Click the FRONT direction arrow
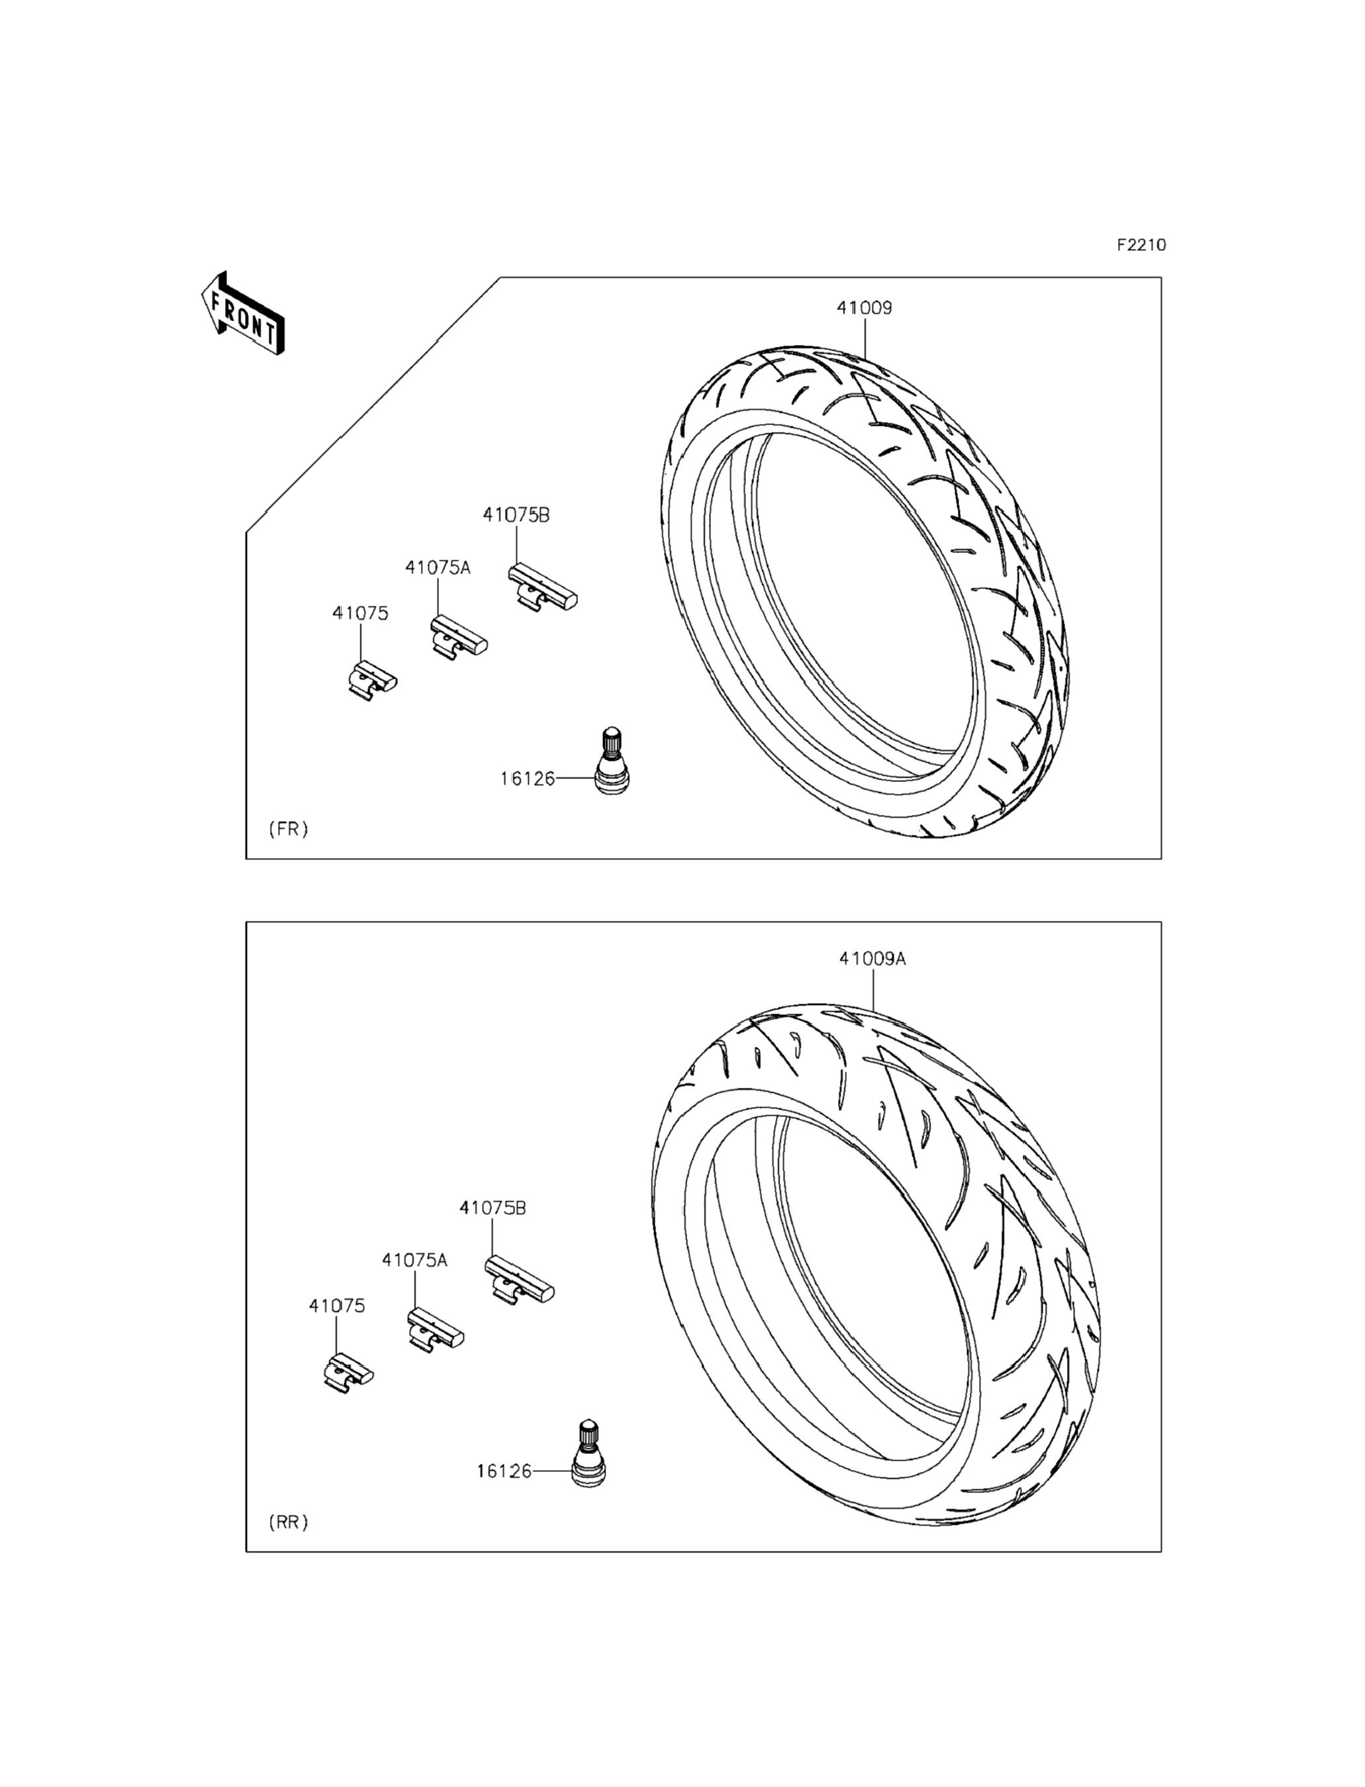click(243, 314)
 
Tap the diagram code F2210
click(1141, 244)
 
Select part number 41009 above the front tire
click(865, 308)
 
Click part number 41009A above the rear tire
click(872, 959)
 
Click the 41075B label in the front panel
click(516, 514)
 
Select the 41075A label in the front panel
click(438, 568)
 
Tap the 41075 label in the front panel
click(360, 614)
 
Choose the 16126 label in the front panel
click(528, 779)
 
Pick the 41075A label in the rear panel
click(414, 1261)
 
